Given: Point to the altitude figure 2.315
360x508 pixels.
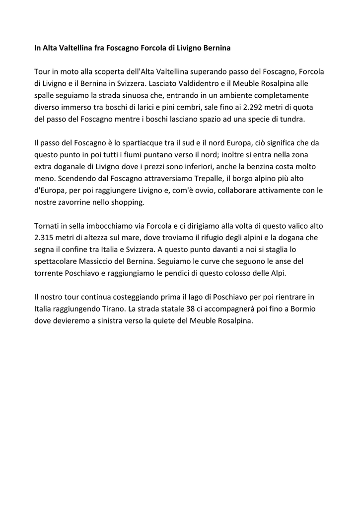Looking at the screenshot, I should (45, 238).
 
